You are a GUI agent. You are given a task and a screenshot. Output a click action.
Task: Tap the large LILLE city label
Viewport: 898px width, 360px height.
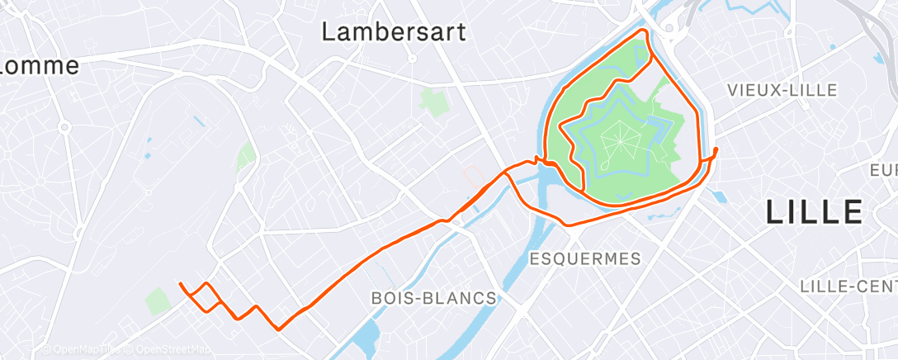coord(814,212)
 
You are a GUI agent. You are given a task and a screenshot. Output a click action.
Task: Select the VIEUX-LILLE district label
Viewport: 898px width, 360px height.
coord(782,90)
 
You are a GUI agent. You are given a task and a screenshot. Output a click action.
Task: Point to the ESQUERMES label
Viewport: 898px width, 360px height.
coord(585,258)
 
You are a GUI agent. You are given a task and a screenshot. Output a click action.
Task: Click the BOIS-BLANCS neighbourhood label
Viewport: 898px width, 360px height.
coord(434,297)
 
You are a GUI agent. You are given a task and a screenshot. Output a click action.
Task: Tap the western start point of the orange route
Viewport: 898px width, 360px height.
coord(181,285)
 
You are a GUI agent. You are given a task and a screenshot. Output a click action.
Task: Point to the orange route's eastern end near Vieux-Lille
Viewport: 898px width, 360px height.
coord(715,149)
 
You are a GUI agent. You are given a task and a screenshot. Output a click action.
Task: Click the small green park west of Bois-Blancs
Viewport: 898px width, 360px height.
coord(158,301)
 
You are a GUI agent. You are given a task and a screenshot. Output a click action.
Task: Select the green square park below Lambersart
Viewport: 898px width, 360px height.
coord(431,102)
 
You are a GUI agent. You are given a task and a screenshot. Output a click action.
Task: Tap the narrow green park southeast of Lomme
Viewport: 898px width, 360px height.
coord(245,155)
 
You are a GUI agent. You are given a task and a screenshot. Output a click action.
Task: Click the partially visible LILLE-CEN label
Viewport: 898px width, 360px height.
coord(848,286)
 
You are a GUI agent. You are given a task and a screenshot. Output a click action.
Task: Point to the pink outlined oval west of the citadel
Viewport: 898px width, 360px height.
coord(471,174)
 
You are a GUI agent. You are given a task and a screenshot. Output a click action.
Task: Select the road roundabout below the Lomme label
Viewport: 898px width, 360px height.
coord(64,126)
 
